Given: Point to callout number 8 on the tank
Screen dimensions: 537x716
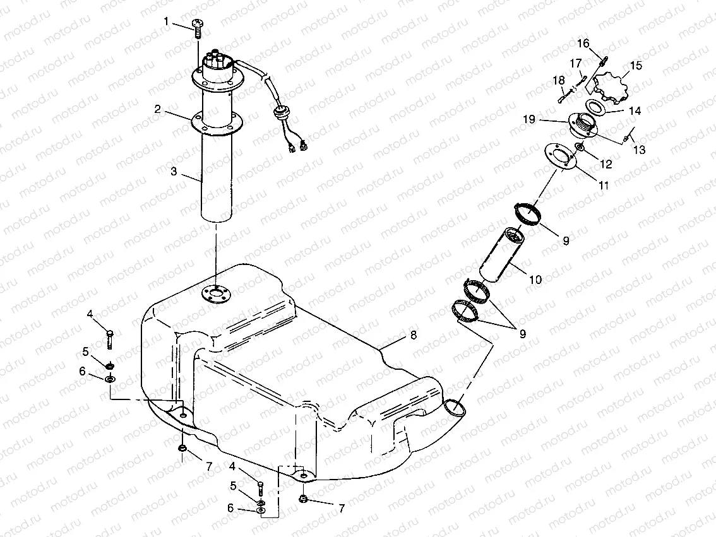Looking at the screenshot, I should (414, 335).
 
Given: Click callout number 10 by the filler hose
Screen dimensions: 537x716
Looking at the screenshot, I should (535, 280).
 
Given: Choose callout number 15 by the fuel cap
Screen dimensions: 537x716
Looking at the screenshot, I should (635, 65).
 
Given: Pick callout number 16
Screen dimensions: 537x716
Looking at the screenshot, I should (583, 43).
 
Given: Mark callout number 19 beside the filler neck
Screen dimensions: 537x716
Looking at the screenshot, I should (529, 119).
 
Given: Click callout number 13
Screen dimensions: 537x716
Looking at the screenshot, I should (640, 150).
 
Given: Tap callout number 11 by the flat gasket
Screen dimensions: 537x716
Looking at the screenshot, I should (604, 186).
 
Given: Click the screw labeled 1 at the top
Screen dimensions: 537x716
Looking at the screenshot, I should (198, 27).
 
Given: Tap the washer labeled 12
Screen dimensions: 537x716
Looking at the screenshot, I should (580, 147).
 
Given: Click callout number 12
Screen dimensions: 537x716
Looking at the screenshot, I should (606, 164).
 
